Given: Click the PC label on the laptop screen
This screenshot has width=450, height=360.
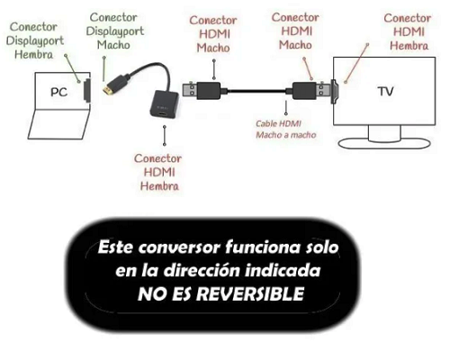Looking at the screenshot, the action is [58, 92].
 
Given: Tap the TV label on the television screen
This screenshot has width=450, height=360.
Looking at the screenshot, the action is [385, 91].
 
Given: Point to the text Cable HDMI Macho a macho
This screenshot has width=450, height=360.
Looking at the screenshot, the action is [286, 130].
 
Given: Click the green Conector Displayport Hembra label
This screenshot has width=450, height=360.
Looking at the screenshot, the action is [35, 40].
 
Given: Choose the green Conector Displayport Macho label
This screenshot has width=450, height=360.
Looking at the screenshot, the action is [115, 31].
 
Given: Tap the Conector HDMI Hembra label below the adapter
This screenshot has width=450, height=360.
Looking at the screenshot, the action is [158, 172].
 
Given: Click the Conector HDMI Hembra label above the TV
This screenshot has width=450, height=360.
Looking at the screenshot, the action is [408, 31].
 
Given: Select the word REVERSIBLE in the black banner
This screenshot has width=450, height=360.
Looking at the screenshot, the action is [250, 293].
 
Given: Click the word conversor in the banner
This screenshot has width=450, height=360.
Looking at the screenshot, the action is [179, 247].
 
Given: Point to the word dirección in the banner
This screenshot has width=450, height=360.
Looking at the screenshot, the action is [202, 270].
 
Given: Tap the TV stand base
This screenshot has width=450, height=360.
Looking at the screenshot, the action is [384, 143].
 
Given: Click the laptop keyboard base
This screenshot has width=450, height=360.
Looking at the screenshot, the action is [58, 124].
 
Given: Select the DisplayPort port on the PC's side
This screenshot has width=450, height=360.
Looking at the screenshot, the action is [87, 90].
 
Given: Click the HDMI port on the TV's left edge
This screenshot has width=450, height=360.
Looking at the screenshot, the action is [334, 92].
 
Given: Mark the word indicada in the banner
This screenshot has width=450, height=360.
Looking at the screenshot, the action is [283, 270].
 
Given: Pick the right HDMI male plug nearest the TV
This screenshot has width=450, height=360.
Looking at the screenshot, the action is [311, 91].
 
